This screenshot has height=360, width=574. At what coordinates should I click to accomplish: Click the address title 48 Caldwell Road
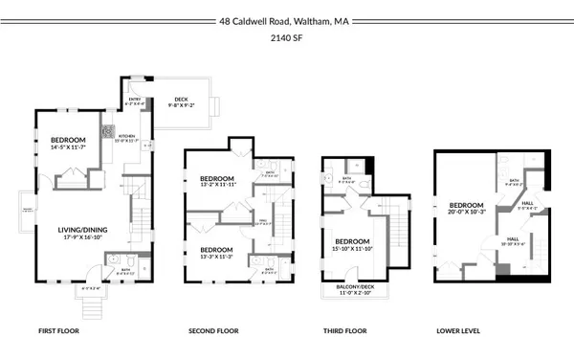click(286, 20)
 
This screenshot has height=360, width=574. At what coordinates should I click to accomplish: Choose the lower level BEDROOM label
click(467, 203)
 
